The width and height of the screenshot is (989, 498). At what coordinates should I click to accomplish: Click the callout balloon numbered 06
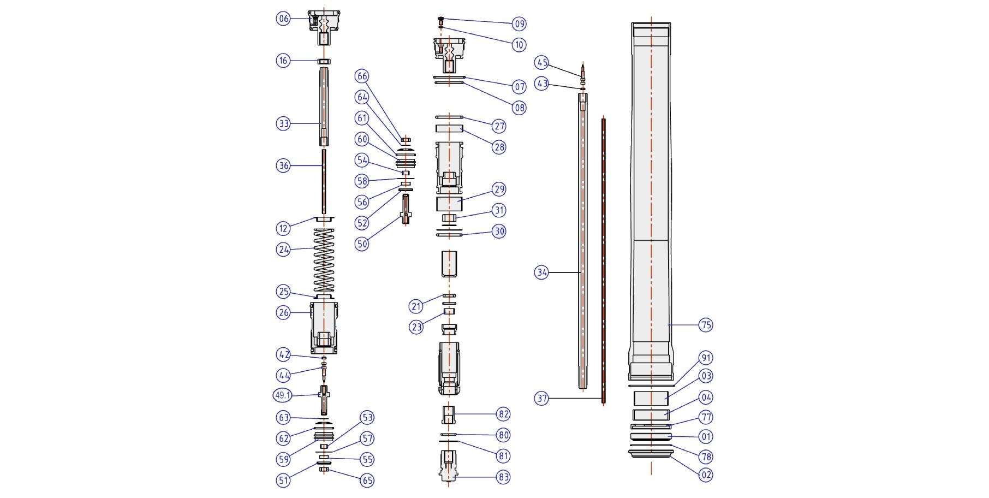[x=283, y=19]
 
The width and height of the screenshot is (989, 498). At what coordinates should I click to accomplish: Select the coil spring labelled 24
[x=324, y=259]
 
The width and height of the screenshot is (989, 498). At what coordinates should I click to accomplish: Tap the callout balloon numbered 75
[x=706, y=325]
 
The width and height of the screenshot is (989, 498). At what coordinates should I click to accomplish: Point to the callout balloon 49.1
[x=283, y=395]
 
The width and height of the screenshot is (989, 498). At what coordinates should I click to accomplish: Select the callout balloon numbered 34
[x=541, y=272]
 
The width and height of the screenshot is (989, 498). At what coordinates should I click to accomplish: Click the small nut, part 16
[x=324, y=61]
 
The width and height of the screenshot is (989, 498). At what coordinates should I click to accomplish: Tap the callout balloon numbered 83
[x=503, y=477]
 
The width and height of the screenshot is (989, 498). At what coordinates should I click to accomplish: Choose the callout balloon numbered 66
[x=362, y=76]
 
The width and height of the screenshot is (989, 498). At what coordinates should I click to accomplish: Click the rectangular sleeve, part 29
[x=449, y=204]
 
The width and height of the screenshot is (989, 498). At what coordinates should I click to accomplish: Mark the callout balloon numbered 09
[x=519, y=23]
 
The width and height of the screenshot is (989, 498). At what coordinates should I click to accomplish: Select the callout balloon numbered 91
[x=706, y=358]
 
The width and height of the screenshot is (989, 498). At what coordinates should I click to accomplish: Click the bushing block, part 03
[x=651, y=398]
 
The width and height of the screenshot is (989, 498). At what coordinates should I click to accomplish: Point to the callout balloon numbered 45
[x=541, y=63]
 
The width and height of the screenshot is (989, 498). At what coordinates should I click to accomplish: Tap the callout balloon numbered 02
[x=706, y=475]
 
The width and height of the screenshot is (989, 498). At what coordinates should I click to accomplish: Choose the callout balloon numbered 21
[x=416, y=306]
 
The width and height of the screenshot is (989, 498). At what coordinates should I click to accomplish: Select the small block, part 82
[x=448, y=415]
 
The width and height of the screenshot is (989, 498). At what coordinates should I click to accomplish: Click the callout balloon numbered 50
[x=362, y=244]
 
